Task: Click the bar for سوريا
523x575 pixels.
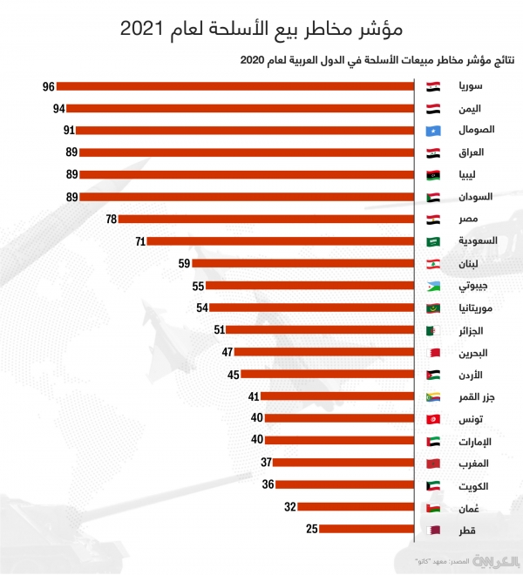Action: pos(235,86)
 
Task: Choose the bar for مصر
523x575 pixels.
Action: pos(266,219)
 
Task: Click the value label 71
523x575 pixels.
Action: pos(139,240)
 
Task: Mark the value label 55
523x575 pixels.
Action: pos(198,286)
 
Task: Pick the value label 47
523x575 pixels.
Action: pos(227,352)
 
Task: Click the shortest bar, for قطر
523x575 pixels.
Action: pos(365,529)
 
